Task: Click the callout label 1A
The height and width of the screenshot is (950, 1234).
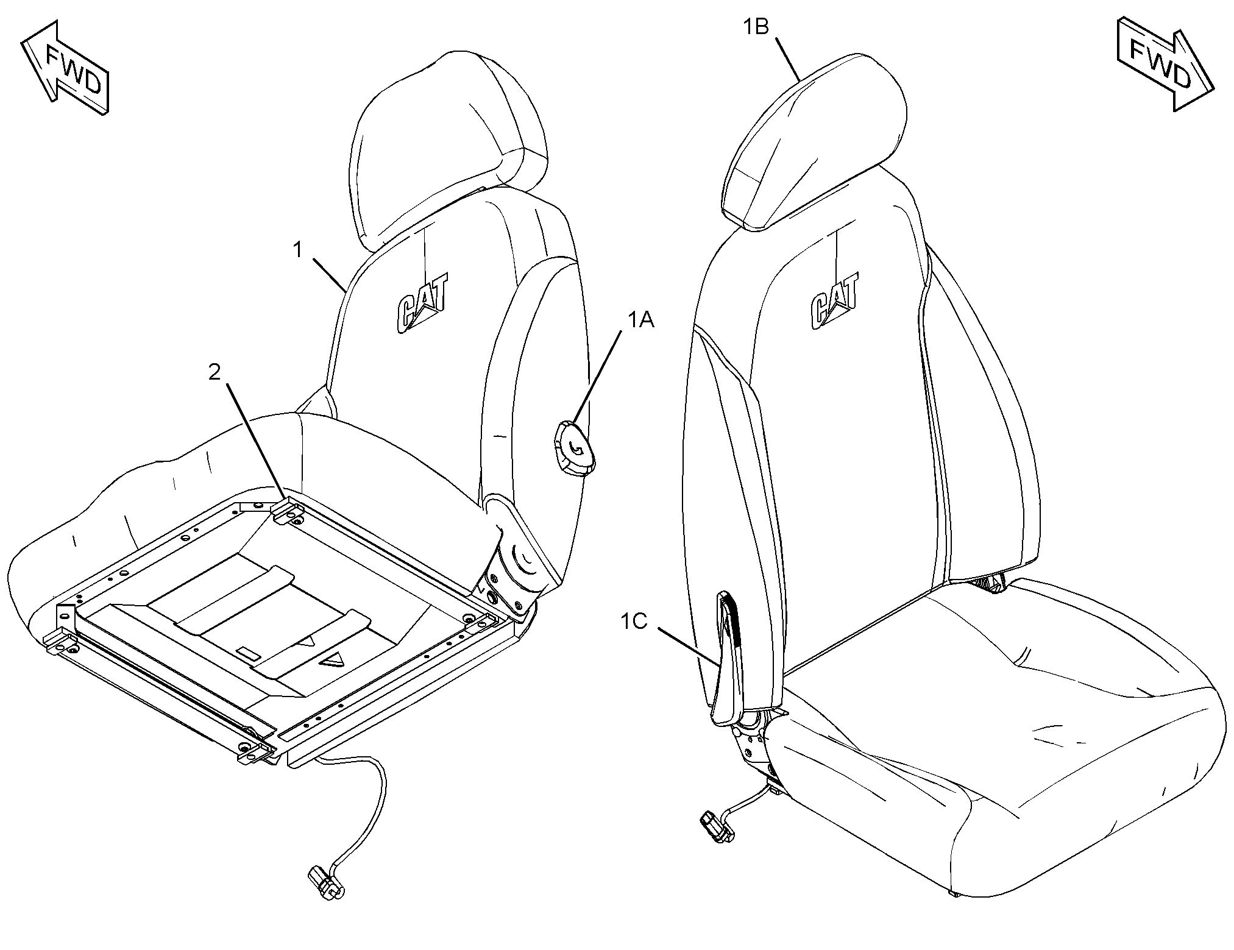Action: pyautogui.click(x=640, y=319)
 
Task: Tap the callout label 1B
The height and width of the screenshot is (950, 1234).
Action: pyautogui.click(x=755, y=27)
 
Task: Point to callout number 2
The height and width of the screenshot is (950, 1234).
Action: pyautogui.click(x=215, y=372)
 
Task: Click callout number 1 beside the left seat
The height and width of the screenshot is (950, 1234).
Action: pyautogui.click(x=298, y=250)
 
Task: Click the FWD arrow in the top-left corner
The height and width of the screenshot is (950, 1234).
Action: pyautogui.click(x=66, y=67)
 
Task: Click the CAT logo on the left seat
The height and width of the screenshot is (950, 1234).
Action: pyautogui.click(x=423, y=303)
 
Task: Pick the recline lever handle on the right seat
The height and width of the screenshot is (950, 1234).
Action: pyautogui.click(x=728, y=658)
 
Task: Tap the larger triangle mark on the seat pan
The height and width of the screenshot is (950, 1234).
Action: pyautogui.click(x=332, y=659)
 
